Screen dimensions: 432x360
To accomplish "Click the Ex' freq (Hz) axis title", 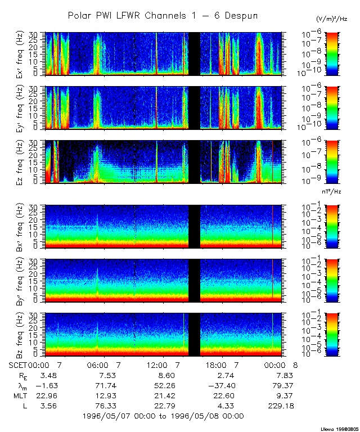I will tap(34, 55).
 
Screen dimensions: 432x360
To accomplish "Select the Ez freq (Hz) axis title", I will tap(34, 163).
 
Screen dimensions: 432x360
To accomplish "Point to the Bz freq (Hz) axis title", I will tap(34, 335).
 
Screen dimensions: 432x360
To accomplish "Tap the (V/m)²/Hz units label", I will tap(333, 19).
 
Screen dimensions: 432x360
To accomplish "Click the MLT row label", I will tap(20, 395).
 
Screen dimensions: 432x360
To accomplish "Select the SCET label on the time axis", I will tap(20, 365).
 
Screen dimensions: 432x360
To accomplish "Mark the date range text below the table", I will tap(163, 416).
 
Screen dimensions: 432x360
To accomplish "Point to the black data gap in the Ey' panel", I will tap(194, 108).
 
